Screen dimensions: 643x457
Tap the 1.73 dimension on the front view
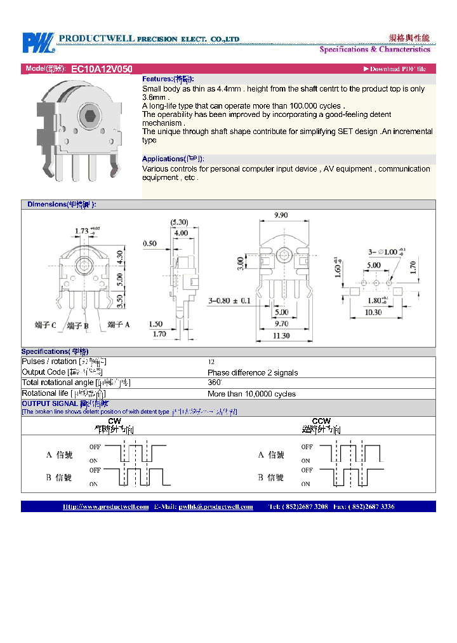tap(81, 231)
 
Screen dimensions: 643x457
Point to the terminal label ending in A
tap(119, 325)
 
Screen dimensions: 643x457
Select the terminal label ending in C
tap(45, 325)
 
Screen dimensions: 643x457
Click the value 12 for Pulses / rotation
tap(211, 362)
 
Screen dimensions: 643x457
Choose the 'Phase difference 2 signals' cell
tap(253, 372)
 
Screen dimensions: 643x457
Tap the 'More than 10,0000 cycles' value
tap(251, 394)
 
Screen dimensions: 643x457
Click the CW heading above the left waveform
tap(114, 421)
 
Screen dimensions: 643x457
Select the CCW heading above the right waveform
tap(321, 421)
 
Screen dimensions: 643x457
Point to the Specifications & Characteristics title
tap(374, 50)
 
